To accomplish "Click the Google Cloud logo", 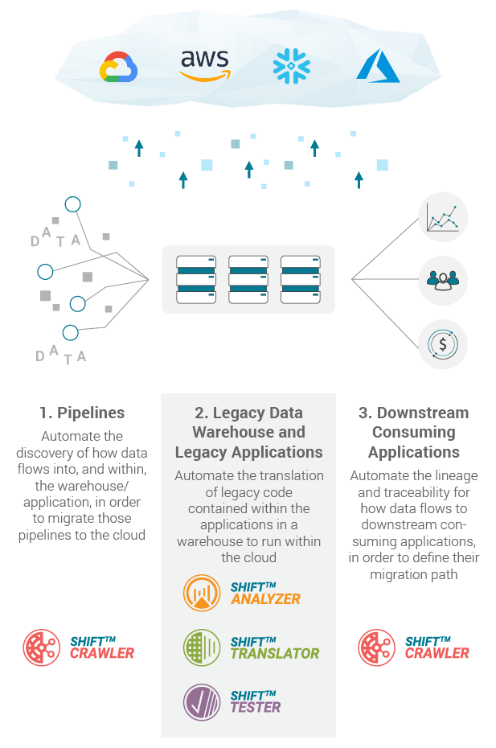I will (x=119, y=68).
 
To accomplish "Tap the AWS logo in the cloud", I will (x=204, y=64).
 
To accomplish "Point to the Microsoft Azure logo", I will (x=377, y=65).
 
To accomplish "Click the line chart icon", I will (x=443, y=217).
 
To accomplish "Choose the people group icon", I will (x=443, y=280).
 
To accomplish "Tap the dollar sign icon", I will (x=443, y=344).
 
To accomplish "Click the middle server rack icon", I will (x=248, y=279).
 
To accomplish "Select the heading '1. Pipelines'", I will (x=82, y=413).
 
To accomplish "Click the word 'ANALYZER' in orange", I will (x=265, y=599).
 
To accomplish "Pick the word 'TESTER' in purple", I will (x=256, y=708).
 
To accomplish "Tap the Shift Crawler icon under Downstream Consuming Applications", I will (x=376, y=647).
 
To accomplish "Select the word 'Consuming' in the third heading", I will (x=413, y=432).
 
